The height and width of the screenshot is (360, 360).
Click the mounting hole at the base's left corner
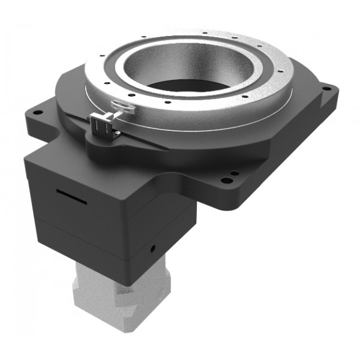(37, 112)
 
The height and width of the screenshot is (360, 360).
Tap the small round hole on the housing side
(154, 247)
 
